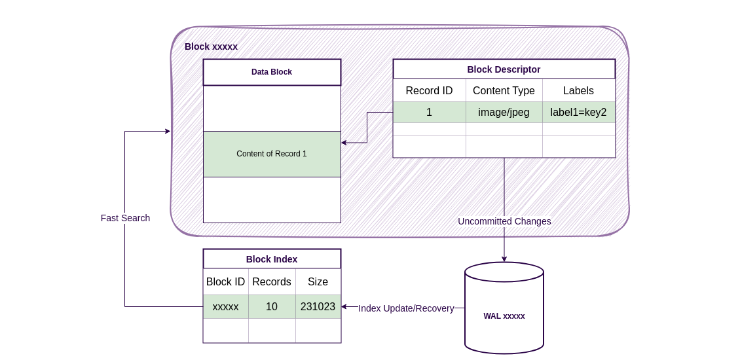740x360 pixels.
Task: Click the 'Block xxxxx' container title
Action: [x=211, y=46]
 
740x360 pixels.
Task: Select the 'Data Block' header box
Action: [x=272, y=72]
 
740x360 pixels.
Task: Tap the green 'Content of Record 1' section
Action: [x=272, y=154]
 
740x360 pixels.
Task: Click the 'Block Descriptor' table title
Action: [x=504, y=69]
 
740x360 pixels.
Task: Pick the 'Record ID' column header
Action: [x=429, y=91]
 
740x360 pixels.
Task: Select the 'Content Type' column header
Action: [x=504, y=91]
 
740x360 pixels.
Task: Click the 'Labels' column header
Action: [x=578, y=91]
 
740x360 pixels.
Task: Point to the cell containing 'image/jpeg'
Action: [x=504, y=113]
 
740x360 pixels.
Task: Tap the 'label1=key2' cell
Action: [x=578, y=113]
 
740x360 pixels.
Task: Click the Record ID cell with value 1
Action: [x=429, y=113]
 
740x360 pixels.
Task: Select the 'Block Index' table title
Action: [x=272, y=259]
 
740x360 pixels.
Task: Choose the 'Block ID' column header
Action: [x=225, y=282]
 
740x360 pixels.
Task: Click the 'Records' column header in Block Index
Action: [x=272, y=282]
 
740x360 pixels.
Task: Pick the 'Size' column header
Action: [x=318, y=282]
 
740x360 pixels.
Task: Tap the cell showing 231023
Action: [x=318, y=307]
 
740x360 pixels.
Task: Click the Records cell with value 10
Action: [x=272, y=307]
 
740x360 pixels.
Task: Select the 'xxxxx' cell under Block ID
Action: [x=225, y=307]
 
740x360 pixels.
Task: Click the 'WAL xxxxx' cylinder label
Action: [x=504, y=316]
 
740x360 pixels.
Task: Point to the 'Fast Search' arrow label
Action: [x=125, y=218]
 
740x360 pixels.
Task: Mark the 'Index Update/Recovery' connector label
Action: [x=406, y=308]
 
